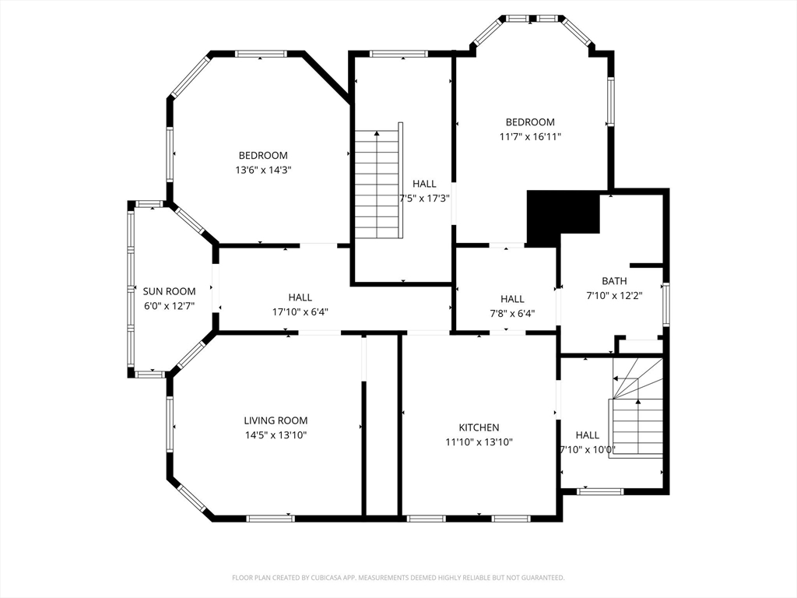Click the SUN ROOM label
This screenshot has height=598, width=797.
[x=169, y=291]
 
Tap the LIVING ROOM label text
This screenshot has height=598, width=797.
[x=276, y=420]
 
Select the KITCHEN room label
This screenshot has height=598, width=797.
[x=479, y=427]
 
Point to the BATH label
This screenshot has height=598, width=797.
[x=614, y=281]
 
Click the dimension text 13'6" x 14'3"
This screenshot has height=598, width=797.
[x=263, y=170]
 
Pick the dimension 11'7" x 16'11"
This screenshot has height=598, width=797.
[x=530, y=137]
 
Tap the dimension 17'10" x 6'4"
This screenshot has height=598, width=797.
[x=300, y=311]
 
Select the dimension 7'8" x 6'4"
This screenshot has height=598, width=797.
[x=512, y=314]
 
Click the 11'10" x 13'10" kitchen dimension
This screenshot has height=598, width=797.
[x=479, y=442]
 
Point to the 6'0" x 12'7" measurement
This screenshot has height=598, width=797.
[x=169, y=306]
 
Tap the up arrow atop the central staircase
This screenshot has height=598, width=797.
[x=377, y=134]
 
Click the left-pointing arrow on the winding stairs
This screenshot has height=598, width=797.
[x=616, y=378]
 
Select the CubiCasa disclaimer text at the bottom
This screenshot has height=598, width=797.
[x=398, y=578]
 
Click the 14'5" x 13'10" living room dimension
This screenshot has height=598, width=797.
[x=276, y=435]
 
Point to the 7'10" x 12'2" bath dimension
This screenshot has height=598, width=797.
[x=614, y=296]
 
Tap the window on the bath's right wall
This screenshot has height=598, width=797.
[x=665, y=304]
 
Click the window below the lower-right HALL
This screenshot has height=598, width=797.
[x=600, y=491]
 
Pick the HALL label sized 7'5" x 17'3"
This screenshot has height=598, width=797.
[x=424, y=184]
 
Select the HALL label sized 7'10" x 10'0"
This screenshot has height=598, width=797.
[x=587, y=435]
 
